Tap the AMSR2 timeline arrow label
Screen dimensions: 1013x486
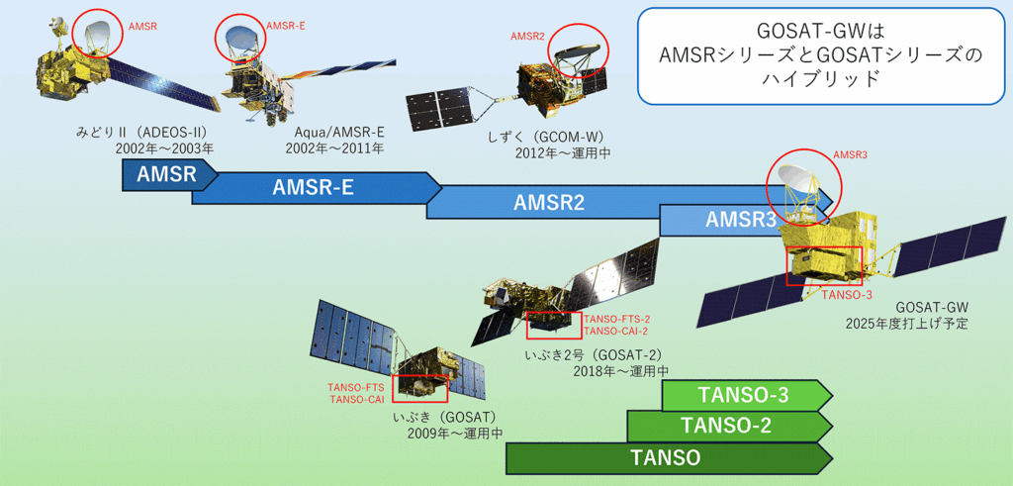tap(549, 203)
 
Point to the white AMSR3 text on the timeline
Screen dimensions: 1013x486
tap(740, 220)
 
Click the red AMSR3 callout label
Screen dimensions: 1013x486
tap(847, 155)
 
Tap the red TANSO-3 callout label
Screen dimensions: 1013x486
tap(847, 295)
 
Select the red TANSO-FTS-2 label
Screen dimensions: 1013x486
tap(614, 320)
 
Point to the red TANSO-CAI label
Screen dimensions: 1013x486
tap(356, 399)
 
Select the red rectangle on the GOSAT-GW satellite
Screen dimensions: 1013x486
tap(824, 265)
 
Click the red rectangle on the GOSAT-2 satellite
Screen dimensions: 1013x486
tap(549, 325)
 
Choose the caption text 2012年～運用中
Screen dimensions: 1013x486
tap(562, 153)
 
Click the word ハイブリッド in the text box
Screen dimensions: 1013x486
tap(819, 79)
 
